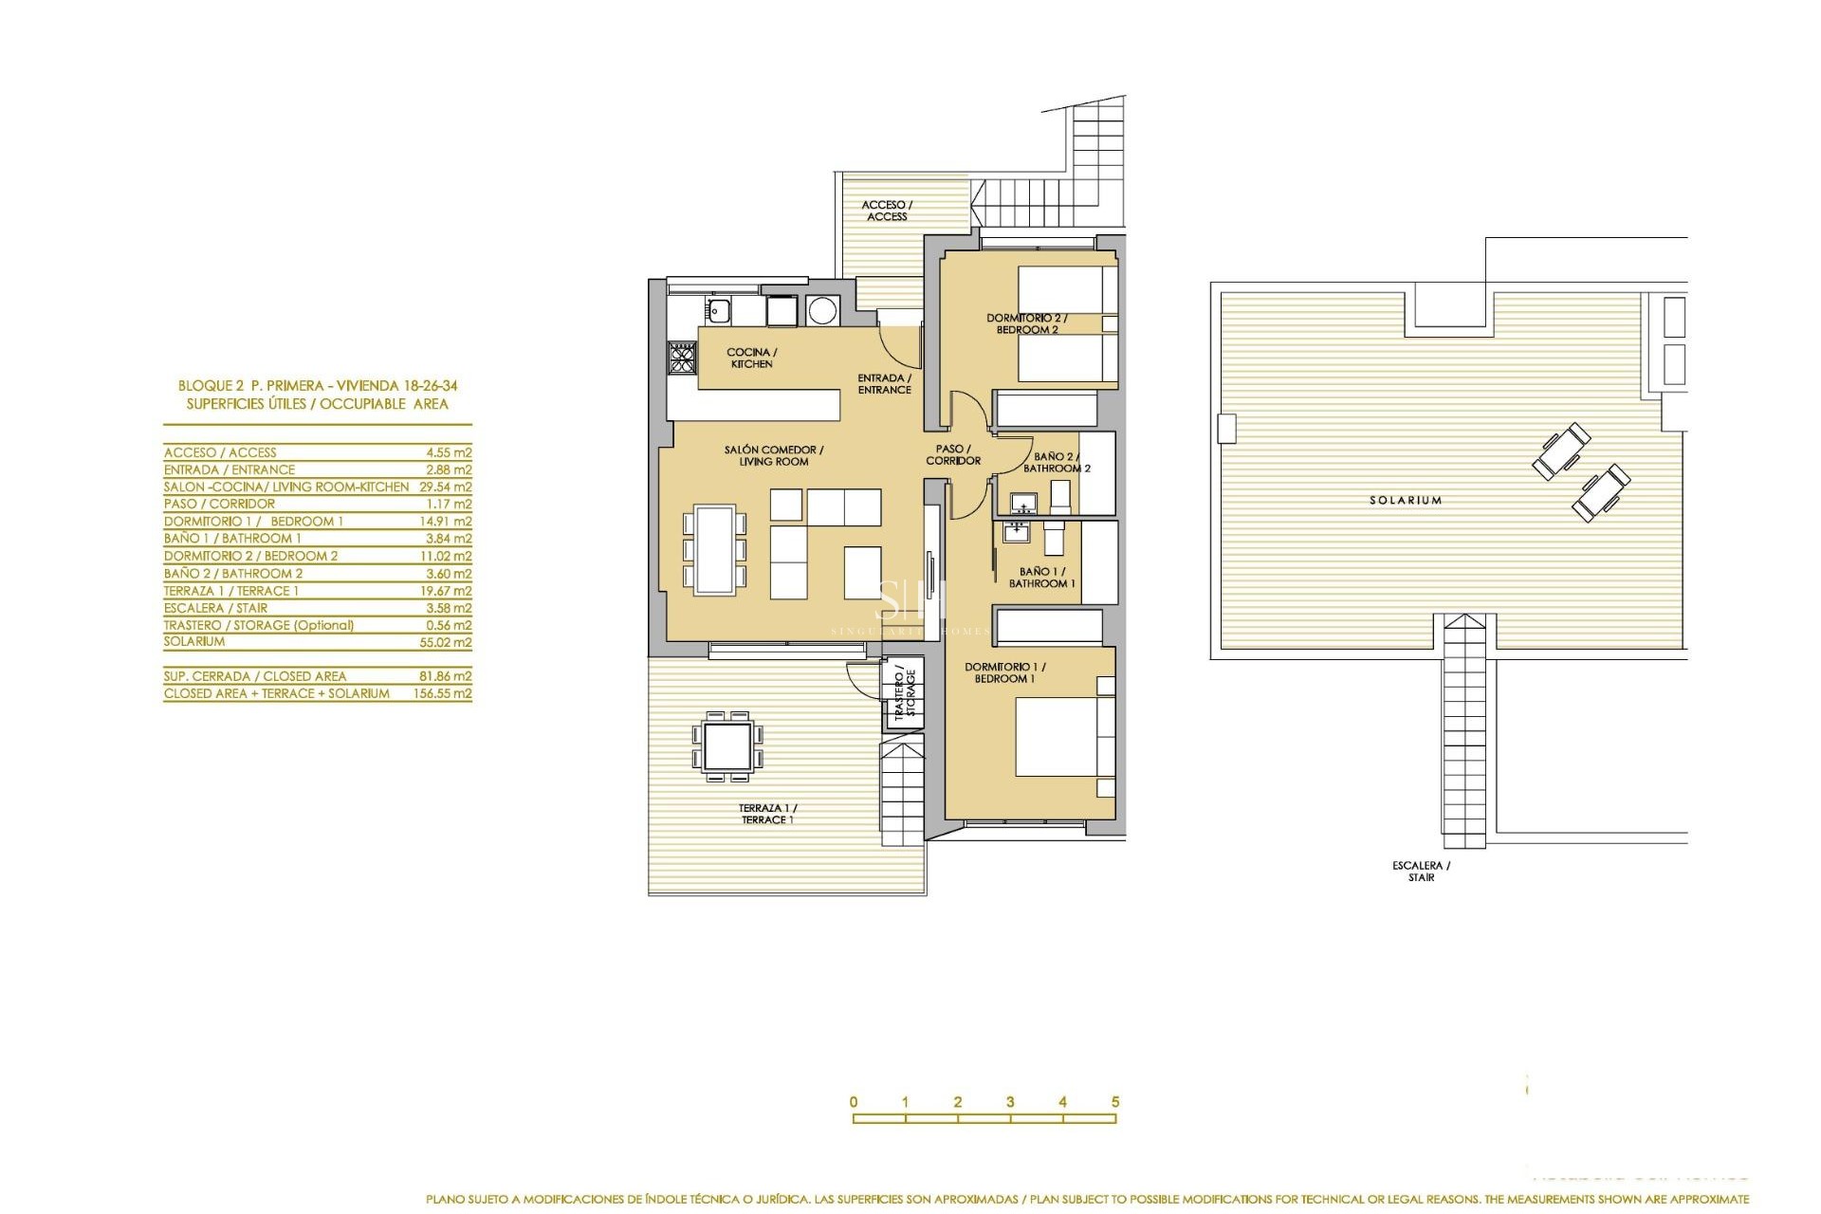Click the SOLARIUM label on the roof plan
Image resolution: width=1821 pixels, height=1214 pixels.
(x=1405, y=500)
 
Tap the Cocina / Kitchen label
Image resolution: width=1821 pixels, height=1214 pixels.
(x=751, y=358)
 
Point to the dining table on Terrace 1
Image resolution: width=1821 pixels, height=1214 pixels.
(x=728, y=746)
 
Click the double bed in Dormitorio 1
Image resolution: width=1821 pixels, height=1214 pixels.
(x=1058, y=737)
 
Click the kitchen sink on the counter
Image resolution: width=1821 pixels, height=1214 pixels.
(x=716, y=309)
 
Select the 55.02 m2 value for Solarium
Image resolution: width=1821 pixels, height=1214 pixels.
(x=449, y=642)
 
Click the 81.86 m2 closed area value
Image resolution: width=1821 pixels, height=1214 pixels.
(x=449, y=676)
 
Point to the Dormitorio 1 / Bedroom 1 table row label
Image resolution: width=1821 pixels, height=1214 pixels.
(x=253, y=521)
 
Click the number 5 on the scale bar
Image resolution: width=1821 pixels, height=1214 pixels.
(x=1114, y=1102)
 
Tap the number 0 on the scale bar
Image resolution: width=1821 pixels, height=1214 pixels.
(x=854, y=1102)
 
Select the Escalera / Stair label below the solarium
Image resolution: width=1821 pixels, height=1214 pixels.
(x=1421, y=872)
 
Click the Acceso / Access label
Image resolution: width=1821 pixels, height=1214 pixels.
(x=887, y=211)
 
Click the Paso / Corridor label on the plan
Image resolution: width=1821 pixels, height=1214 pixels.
(x=952, y=455)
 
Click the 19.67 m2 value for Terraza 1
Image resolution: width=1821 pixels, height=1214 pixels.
(x=449, y=590)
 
